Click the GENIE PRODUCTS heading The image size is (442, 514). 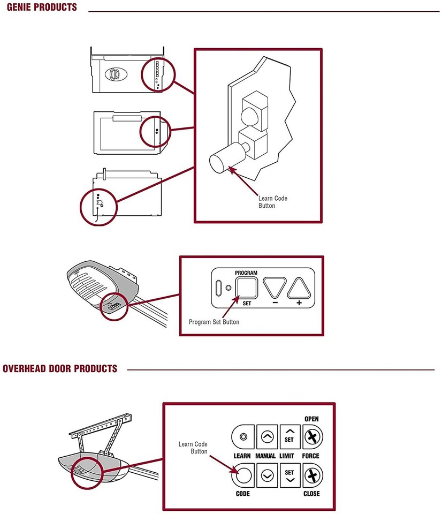click(x=40, y=8)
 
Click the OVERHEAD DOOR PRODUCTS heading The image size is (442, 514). click(x=60, y=369)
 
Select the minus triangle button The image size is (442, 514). click(x=275, y=288)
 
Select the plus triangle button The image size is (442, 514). click(x=299, y=288)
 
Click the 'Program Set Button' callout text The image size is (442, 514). click(x=214, y=322)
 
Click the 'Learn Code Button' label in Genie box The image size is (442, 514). click(x=273, y=202)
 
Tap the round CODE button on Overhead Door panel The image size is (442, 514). click(x=242, y=474)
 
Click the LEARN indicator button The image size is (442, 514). click(x=242, y=437)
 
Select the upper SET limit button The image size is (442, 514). click(x=289, y=437)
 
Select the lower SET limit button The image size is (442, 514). click(x=289, y=474)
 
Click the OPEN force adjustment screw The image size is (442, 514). click(x=311, y=437)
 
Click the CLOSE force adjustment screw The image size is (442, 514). click(x=311, y=474)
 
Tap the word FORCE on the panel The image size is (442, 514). click(x=311, y=456)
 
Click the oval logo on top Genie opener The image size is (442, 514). click(x=114, y=74)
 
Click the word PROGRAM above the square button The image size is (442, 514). click(x=246, y=273)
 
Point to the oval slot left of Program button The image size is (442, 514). click(x=218, y=288)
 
